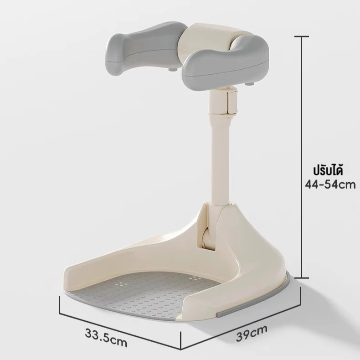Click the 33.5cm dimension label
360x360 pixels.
click(x=106, y=338)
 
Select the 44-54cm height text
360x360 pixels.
click(x=330, y=184)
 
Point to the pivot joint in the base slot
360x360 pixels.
click(x=206, y=239)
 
